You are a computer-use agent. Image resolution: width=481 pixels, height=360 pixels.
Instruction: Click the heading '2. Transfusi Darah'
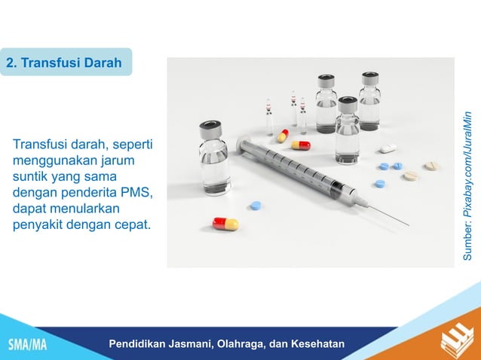64,63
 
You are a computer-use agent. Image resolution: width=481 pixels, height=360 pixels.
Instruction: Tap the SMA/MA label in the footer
27,345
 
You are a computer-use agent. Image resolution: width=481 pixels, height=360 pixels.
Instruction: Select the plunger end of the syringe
244,145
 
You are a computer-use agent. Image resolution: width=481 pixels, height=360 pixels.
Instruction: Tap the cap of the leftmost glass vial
210,130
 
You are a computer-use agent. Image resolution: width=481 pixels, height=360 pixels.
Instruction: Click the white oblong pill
388,148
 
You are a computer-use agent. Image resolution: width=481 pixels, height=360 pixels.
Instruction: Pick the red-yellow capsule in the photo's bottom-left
225,224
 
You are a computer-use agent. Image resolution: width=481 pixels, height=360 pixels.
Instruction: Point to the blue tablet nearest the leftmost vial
256,205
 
